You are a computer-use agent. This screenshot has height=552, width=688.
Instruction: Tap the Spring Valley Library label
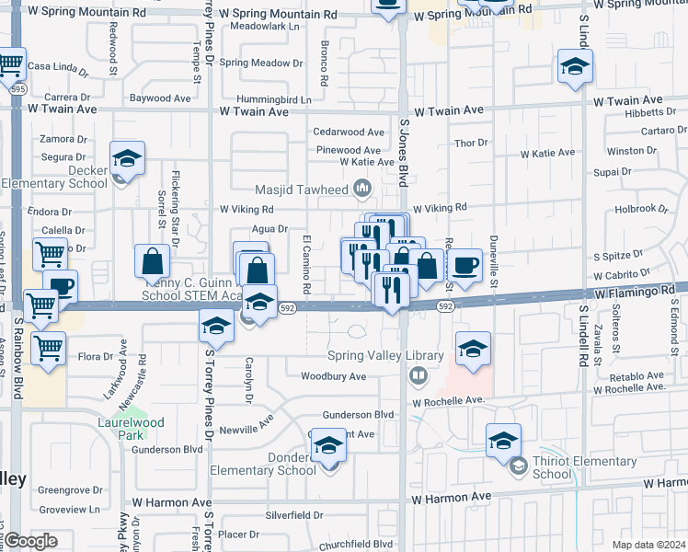385,355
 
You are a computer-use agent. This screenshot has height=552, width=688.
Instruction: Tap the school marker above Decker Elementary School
128,157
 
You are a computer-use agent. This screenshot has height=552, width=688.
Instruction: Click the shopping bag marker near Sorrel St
153,261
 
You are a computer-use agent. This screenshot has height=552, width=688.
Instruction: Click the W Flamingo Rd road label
635,292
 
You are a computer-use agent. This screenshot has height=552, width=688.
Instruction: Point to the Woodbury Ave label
333,376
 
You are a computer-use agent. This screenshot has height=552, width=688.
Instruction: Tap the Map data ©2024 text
649,545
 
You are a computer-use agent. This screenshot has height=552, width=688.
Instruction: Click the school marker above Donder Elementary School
329,446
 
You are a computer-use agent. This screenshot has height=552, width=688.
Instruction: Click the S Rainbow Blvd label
17,359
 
